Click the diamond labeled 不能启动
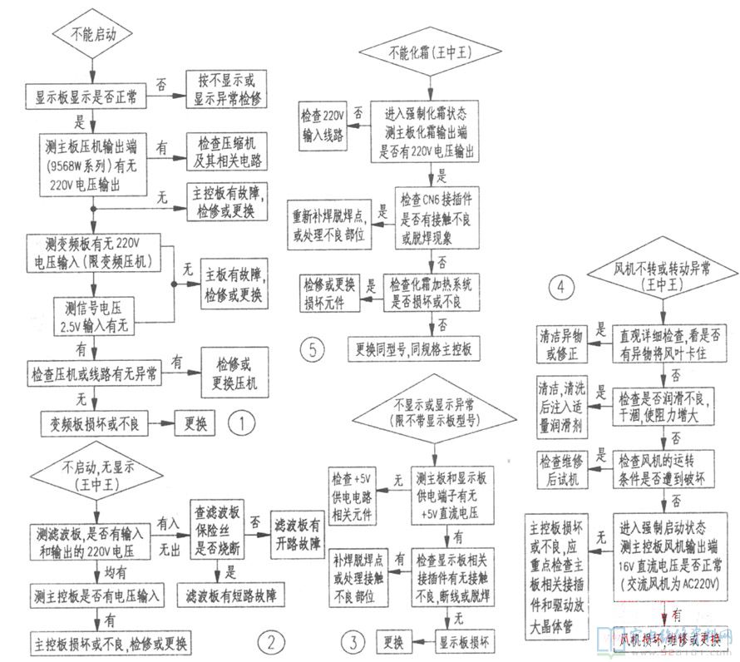85,37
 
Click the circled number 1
241,423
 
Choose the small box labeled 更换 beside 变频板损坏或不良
194,423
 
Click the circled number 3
353,641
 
